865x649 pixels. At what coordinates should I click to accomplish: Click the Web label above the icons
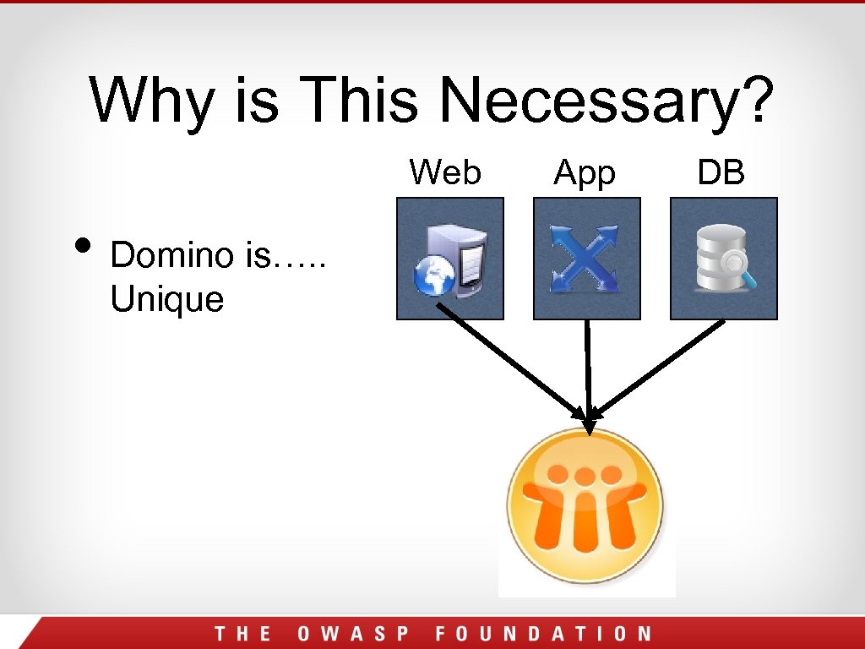tap(445, 172)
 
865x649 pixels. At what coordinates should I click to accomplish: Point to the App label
tap(585, 174)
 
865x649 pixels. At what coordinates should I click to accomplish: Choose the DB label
tap(721, 172)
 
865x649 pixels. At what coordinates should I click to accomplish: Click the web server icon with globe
tap(450, 259)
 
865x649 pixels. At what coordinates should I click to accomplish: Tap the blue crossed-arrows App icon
tap(587, 259)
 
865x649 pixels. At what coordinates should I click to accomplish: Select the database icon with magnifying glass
tap(724, 259)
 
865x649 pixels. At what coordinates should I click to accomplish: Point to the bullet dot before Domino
tap(82, 245)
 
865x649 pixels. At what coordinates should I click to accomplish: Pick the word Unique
tap(166, 299)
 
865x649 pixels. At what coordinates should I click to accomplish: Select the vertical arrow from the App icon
tap(588, 363)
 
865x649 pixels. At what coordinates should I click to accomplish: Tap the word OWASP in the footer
tap(353, 634)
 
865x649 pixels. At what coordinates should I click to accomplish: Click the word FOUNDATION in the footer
tap(544, 634)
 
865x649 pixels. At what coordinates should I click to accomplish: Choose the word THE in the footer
tap(242, 634)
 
